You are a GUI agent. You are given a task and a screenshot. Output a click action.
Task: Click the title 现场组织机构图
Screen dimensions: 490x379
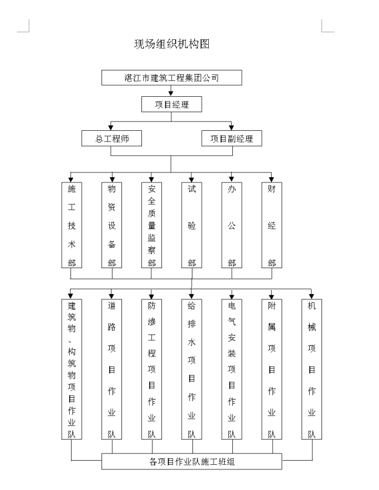coord(172,44)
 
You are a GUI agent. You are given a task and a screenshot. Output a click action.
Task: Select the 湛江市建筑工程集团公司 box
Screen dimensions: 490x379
coord(171,77)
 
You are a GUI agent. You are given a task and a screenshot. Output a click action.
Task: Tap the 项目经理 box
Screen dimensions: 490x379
coord(171,104)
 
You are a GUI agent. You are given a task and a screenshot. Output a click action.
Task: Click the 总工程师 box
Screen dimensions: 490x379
coord(111,138)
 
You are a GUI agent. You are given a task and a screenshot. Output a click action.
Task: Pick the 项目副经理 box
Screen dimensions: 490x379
coord(231,138)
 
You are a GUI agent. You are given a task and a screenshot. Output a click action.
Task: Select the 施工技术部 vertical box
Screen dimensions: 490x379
coord(72,226)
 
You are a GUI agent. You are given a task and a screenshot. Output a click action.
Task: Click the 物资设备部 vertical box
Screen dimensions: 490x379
coord(111,226)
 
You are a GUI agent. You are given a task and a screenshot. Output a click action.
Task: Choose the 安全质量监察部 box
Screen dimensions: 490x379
coord(151,226)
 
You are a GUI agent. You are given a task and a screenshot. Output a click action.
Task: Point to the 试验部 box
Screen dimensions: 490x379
coord(191,226)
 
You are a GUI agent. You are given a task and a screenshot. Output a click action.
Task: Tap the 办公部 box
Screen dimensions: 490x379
coord(232,226)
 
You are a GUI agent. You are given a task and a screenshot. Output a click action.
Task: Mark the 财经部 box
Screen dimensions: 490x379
coord(272,226)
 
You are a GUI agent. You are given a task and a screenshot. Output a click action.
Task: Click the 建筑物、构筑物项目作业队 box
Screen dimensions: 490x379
coord(72,370)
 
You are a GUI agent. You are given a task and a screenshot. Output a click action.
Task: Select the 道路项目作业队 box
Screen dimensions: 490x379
coord(111,370)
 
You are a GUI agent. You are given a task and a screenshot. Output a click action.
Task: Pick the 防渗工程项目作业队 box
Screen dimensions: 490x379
coord(151,370)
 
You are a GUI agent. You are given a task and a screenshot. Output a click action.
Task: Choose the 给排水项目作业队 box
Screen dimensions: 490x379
coord(191,370)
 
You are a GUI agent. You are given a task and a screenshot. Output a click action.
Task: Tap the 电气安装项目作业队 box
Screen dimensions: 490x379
coord(232,370)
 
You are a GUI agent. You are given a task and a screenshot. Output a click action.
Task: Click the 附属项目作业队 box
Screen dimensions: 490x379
coord(272,370)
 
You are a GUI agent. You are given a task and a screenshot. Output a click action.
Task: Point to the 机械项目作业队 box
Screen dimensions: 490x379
coord(312,370)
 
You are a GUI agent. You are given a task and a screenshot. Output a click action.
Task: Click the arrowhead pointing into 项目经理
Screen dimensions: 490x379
coord(171,93)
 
